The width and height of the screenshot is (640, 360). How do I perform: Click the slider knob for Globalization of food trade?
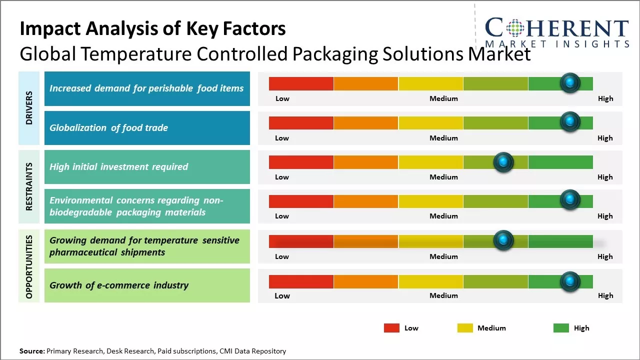point(569,121)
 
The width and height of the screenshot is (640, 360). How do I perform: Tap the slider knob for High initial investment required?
point(503,161)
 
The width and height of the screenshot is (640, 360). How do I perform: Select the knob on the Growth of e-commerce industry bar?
point(569,281)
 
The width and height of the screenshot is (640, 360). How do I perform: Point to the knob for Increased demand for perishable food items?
point(569,82)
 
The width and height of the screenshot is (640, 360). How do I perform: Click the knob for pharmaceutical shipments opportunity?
point(503,240)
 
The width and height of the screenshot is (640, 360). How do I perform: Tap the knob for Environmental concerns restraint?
point(569,200)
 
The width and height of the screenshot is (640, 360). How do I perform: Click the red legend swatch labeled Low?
point(391,328)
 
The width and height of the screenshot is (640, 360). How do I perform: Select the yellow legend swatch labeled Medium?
point(465,328)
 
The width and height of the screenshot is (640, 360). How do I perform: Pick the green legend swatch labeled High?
point(561,328)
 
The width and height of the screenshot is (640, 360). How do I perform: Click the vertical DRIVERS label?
point(29,108)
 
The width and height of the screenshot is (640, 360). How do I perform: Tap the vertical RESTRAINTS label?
point(29,186)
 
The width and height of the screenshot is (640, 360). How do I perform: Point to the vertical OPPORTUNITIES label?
point(29,266)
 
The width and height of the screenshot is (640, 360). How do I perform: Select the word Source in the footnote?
point(31,351)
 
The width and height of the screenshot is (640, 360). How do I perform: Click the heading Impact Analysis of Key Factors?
point(152,29)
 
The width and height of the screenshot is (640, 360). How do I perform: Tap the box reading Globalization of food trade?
point(147,128)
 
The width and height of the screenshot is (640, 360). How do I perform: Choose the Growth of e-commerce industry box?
point(147,285)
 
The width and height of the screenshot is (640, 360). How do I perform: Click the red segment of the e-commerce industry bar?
point(301,281)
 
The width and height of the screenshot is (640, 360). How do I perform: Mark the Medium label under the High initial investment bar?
point(443,177)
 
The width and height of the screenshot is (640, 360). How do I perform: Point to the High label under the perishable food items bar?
point(605,98)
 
